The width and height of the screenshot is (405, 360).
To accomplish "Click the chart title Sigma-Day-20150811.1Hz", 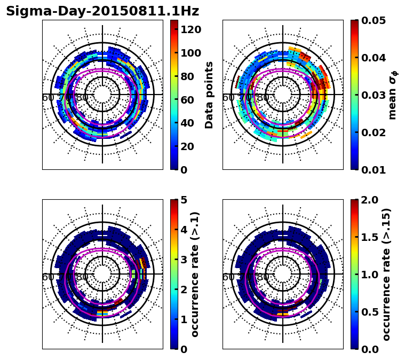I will (x=102, y=11).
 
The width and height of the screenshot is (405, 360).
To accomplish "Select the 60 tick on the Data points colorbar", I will (x=188, y=99).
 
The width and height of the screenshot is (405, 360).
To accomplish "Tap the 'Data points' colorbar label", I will (x=209, y=95).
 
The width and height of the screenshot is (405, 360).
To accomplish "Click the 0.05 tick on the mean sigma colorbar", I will (x=374, y=20).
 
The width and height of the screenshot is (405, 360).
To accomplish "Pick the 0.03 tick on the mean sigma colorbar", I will (x=374, y=95).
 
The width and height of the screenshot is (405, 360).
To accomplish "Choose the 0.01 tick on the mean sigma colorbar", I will (x=374, y=170).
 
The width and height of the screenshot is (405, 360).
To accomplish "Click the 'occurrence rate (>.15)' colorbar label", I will (x=386, y=275).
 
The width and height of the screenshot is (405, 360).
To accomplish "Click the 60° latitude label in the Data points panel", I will (x=48, y=98).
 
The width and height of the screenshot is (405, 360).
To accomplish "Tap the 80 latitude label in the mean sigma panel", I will (x=263, y=98).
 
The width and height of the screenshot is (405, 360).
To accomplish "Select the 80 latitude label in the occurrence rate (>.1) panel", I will (x=83, y=277).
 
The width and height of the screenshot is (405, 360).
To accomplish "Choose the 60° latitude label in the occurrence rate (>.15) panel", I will (x=228, y=277).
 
